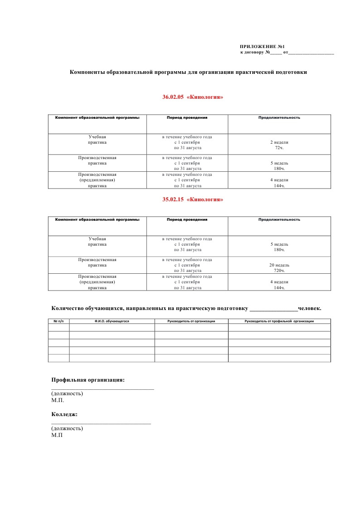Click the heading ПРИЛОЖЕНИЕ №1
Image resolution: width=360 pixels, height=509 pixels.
[x=262, y=47]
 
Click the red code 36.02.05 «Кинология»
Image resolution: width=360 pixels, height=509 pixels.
[x=193, y=97]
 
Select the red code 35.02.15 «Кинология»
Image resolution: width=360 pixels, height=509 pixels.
[x=193, y=199]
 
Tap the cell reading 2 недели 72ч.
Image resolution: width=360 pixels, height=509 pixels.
[x=279, y=145]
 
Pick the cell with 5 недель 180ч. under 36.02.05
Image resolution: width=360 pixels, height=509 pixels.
[x=279, y=166]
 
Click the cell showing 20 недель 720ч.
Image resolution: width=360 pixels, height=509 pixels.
[x=279, y=268]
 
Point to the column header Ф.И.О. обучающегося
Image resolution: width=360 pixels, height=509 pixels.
[x=112, y=321]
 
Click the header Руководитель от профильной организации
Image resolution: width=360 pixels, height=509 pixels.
[x=279, y=321]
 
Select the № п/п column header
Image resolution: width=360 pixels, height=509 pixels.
[x=58, y=321]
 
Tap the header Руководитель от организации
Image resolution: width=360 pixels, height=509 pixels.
[x=191, y=321]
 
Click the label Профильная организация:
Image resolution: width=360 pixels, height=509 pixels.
[x=88, y=380]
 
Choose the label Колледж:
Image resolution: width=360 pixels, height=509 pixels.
[x=64, y=414]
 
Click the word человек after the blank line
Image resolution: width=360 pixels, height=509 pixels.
[x=310, y=308]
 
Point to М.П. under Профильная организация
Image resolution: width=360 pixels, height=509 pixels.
[x=58, y=400]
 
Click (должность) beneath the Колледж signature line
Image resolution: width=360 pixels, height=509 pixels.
[x=67, y=428]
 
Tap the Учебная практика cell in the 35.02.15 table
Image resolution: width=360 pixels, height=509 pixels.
[x=97, y=241]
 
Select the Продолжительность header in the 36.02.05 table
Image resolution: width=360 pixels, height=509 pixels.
[x=279, y=117]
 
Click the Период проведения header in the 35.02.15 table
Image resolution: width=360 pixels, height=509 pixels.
[x=187, y=219]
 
